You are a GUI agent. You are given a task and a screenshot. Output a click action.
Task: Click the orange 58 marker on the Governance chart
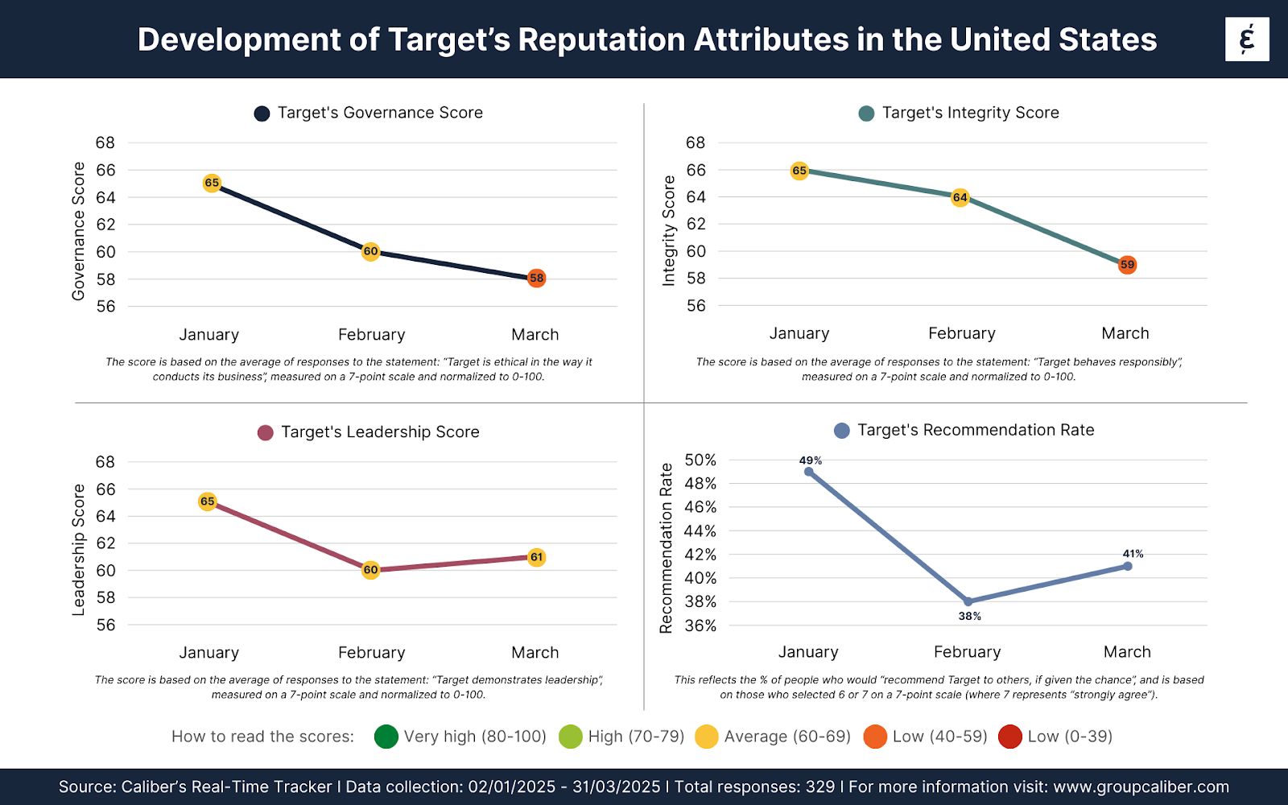coord(536,279)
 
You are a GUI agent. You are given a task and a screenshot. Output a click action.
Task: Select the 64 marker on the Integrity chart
coord(960,197)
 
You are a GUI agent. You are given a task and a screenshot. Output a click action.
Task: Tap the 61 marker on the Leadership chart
coord(536,557)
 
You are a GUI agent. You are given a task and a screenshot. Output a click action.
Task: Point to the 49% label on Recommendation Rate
coord(811,461)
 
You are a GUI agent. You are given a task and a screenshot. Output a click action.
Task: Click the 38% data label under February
coord(969,617)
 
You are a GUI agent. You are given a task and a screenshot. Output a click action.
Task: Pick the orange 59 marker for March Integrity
coord(1127,265)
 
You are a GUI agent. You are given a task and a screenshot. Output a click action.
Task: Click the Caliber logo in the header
coord(1247,39)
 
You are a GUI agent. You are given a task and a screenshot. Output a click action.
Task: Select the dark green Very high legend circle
coord(386,737)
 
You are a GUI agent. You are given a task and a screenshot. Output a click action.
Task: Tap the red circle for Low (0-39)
coord(1009,737)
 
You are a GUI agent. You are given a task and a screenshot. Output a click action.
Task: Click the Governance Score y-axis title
coord(78,232)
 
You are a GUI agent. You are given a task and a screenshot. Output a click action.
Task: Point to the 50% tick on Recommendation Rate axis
coord(700,460)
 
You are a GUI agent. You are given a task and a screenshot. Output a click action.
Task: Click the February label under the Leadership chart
coord(371,653)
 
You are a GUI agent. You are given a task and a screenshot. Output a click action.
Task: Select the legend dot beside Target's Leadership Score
coord(265,433)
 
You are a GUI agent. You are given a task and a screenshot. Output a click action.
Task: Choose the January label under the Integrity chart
coord(799,333)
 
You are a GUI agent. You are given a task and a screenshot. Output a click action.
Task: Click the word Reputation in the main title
coord(603,39)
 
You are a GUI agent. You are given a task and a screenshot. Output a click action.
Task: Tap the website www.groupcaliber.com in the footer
coord(1141,787)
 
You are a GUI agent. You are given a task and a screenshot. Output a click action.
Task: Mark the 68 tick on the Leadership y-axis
coord(105,462)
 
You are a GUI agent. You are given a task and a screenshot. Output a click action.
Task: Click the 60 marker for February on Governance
coord(370,251)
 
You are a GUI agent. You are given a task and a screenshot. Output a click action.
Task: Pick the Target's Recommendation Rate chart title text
coord(976,431)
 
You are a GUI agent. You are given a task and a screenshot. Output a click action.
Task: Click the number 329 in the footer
coord(820,787)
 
